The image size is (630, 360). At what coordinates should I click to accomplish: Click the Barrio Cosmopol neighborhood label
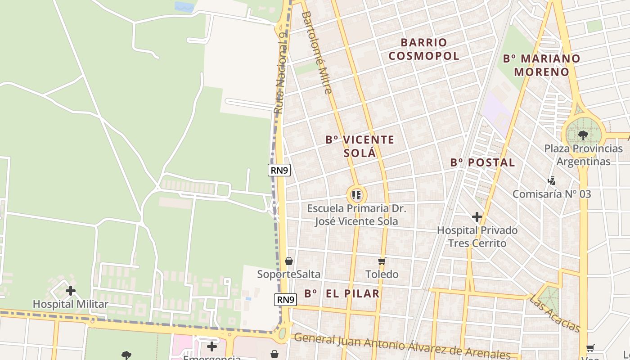[424, 49]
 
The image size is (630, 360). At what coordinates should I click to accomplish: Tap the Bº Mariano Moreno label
[541, 65]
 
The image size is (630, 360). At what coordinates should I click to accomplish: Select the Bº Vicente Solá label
[360, 146]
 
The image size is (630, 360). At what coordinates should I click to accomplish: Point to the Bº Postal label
[482, 162]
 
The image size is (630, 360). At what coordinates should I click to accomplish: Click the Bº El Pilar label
[342, 294]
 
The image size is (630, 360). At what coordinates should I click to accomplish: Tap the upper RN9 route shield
[279, 170]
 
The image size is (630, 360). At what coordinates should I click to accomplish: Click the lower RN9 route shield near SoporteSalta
[286, 300]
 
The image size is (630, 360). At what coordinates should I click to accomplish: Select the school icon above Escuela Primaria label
[356, 195]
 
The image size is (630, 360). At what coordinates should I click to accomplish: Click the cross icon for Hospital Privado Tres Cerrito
[477, 217]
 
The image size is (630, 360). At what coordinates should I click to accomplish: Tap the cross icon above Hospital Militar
[71, 291]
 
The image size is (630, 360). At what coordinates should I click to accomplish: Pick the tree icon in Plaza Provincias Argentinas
[583, 135]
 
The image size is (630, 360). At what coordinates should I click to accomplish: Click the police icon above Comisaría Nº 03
[551, 181]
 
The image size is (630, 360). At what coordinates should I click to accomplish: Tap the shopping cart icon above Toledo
[382, 261]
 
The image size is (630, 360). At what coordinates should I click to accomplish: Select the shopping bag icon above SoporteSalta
[289, 261]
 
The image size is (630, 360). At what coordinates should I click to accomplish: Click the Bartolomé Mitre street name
[317, 53]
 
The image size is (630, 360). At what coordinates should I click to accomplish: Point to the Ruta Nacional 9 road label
[280, 72]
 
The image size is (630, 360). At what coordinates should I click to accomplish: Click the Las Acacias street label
[554, 313]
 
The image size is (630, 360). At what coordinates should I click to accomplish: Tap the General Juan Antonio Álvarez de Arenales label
[402, 346]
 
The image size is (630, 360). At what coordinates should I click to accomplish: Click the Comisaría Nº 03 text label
[551, 194]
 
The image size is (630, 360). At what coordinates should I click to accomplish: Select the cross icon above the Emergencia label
[211, 346]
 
